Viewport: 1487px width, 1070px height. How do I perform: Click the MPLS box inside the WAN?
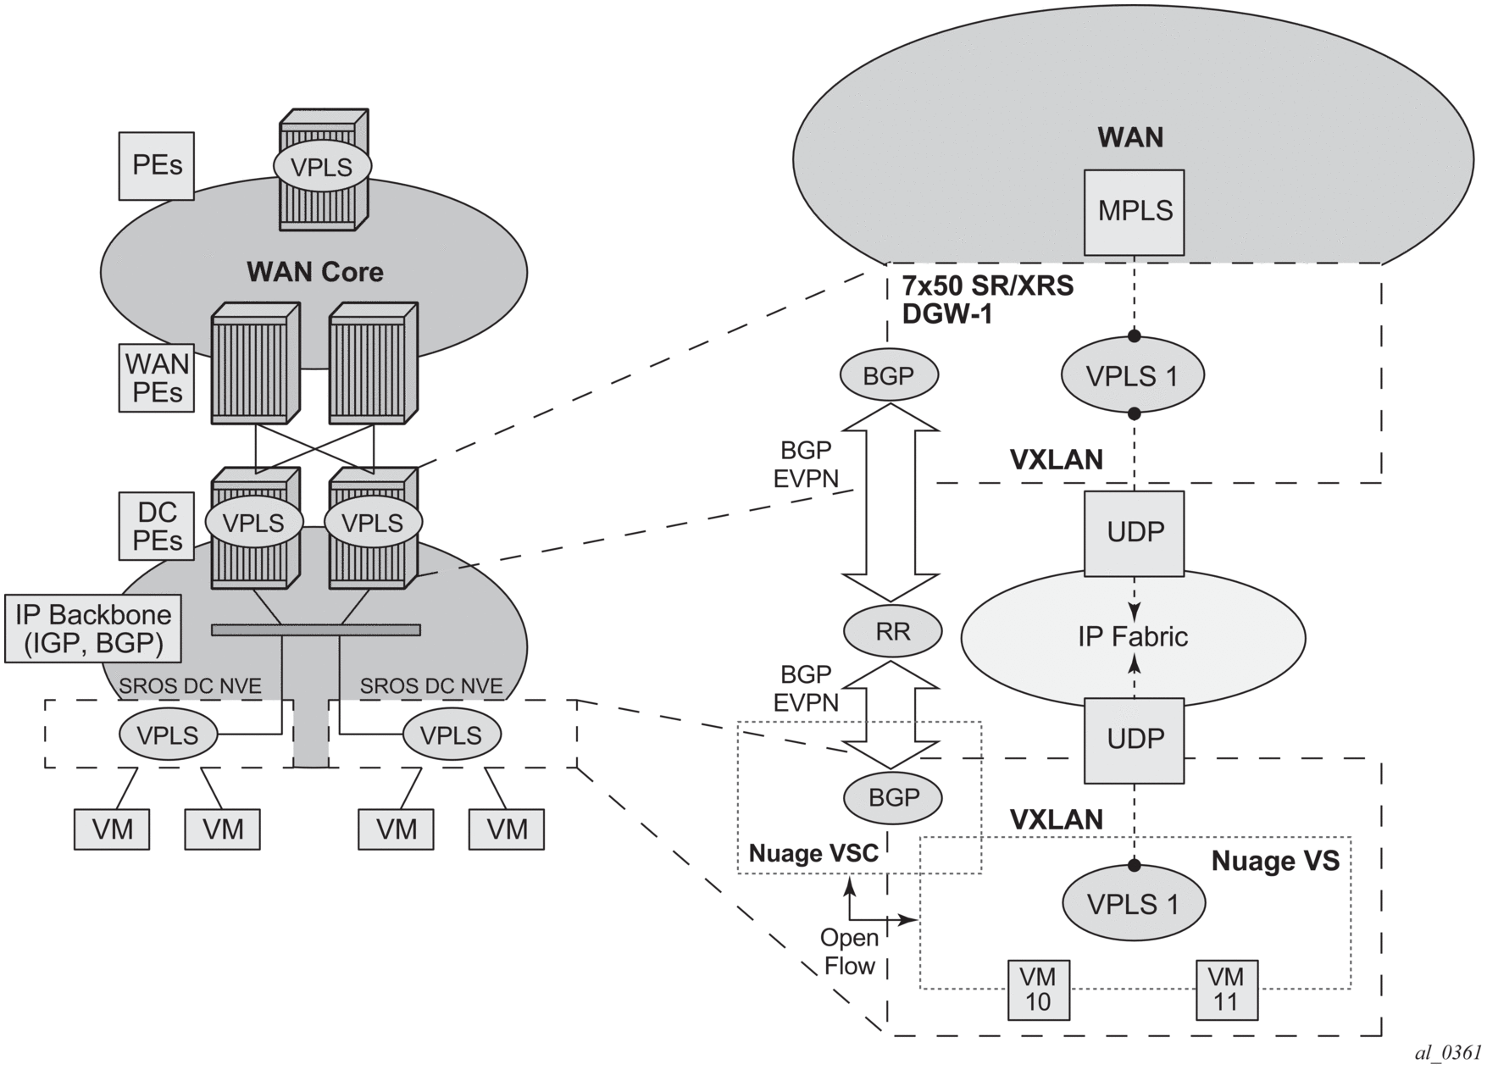click(1135, 212)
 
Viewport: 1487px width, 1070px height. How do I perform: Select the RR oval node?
click(893, 631)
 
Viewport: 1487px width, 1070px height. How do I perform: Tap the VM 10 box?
click(1038, 990)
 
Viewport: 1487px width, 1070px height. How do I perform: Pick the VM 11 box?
click(1226, 990)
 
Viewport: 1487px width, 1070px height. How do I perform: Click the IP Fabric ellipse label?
click(1133, 637)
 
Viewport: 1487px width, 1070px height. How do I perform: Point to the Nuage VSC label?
click(813, 853)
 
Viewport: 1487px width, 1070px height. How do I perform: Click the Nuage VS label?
click(1275, 861)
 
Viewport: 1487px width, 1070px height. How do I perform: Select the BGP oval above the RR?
click(888, 375)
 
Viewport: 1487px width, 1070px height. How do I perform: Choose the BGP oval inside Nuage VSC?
click(894, 797)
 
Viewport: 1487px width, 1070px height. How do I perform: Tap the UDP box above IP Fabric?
click(1135, 533)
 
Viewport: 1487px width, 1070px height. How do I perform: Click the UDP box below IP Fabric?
click(1135, 740)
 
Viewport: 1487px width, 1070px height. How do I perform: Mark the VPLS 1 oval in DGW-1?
click(1133, 375)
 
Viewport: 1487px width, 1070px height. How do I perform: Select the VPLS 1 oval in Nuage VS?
click(1133, 904)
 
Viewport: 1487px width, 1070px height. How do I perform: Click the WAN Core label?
click(314, 272)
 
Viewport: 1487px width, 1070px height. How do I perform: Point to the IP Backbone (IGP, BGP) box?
click(93, 629)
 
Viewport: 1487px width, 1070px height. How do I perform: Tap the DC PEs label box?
click(158, 526)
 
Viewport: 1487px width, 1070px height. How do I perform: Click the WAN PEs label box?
click(157, 378)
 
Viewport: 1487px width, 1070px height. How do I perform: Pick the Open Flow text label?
click(849, 951)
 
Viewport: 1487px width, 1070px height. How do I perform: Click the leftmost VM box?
click(112, 829)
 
